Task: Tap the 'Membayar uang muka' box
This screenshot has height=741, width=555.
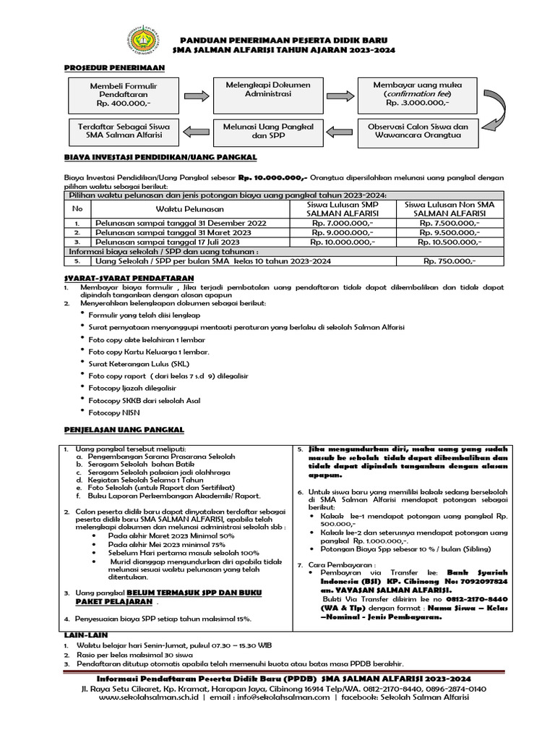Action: [x=418, y=94]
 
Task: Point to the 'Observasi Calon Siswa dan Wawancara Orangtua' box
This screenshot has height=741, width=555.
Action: [x=418, y=131]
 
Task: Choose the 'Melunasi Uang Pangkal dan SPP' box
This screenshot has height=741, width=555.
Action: [x=268, y=131]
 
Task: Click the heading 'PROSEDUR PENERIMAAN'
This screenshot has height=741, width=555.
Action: [x=114, y=67]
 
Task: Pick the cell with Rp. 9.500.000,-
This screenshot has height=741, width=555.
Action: [x=449, y=234]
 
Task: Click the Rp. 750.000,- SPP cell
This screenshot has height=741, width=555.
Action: [x=449, y=261]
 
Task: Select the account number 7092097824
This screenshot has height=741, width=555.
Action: [x=481, y=580]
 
